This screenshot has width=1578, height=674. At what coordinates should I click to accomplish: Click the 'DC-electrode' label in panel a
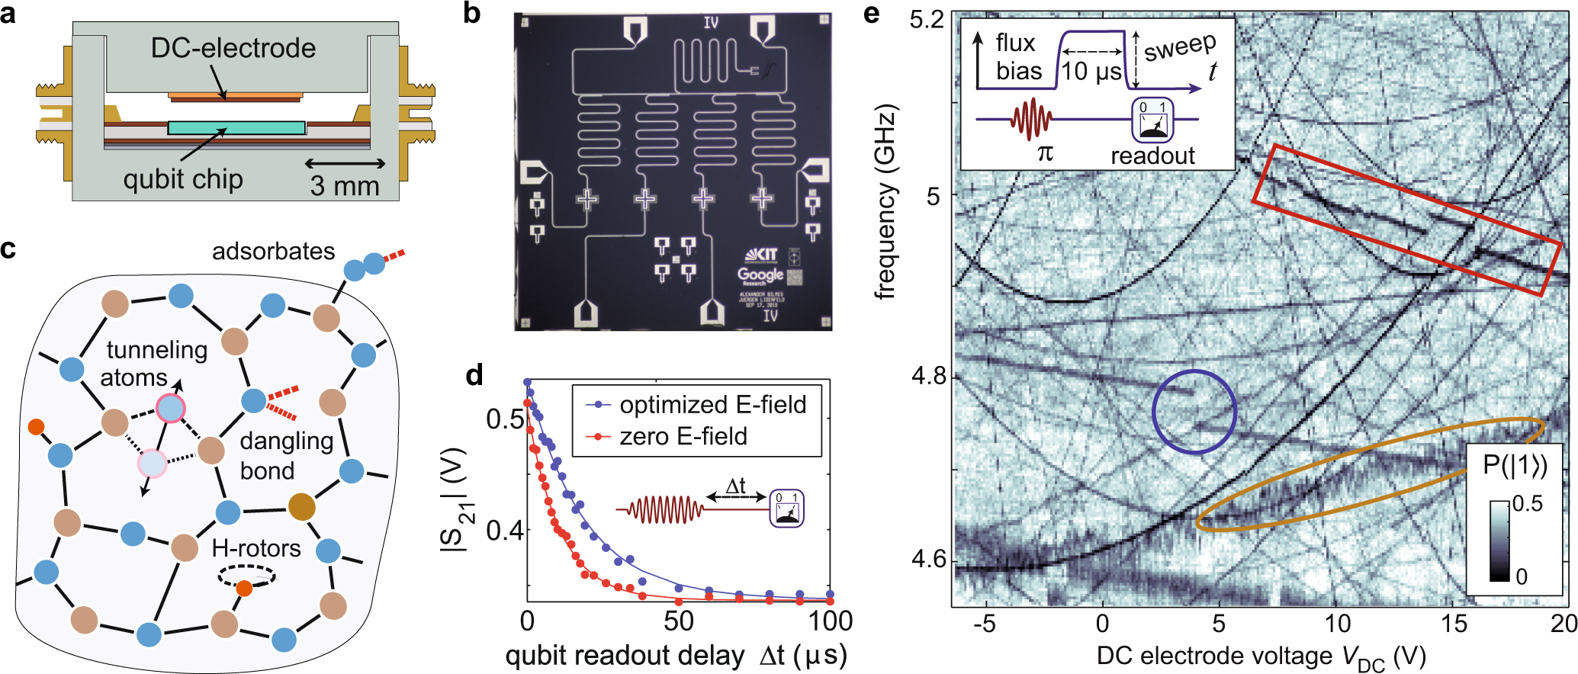[233, 48]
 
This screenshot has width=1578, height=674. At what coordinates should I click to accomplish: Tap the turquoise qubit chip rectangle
[236, 127]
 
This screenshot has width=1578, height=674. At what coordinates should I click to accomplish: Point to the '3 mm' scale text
[345, 185]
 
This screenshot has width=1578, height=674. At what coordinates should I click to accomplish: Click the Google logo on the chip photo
[760, 274]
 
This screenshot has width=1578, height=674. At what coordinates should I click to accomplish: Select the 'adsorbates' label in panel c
[273, 252]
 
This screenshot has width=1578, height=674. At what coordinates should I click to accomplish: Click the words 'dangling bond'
[286, 455]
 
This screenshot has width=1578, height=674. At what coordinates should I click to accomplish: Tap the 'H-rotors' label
[256, 548]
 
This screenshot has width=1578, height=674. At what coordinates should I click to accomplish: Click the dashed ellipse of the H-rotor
[246, 576]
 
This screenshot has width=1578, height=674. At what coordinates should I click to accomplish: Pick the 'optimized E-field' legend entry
[712, 404]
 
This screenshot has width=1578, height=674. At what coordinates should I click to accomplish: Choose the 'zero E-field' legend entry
[683, 436]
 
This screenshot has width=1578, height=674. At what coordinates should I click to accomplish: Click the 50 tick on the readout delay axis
[679, 622]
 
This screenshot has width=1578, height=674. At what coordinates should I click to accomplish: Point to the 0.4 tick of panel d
[505, 529]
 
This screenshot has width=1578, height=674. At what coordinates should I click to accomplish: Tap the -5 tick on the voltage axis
[985, 624]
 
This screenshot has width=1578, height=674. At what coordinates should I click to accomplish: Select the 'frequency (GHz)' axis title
[885, 202]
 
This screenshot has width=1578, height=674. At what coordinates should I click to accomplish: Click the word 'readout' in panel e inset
[1152, 156]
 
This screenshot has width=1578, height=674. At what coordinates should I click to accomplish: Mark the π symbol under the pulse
[1045, 152]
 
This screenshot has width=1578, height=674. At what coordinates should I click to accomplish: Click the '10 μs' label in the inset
[1091, 72]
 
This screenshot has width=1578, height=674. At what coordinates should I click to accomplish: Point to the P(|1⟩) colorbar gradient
[1499, 541]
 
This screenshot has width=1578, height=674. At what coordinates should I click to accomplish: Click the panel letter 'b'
[472, 13]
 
